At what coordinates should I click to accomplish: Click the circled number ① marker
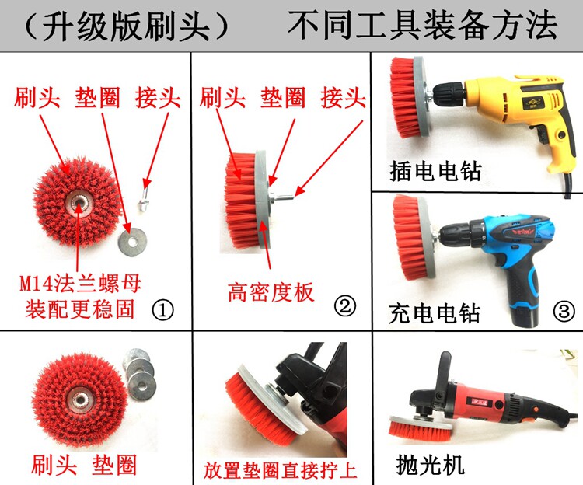pyautogui.click(x=163, y=310)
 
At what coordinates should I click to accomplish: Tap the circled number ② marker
pyautogui.click(x=344, y=306)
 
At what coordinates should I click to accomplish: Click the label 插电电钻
pyautogui.click(x=435, y=171)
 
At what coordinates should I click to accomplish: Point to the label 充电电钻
pyautogui.click(x=435, y=312)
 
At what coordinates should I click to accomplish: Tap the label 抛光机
pyautogui.click(x=431, y=465)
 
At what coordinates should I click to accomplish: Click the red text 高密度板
pyautogui.click(x=271, y=291)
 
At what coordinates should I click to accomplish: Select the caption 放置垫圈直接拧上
pyautogui.click(x=280, y=470)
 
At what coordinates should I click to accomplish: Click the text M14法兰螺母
pyautogui.click(x=80, y=284)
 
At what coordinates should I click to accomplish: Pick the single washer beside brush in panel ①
pyautogui.click(x=132, y=242)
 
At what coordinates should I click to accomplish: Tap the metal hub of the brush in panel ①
pyautogui.click(x=79, y=203)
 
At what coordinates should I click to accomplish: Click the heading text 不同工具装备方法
pyautogui.click(x=423, y=25)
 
